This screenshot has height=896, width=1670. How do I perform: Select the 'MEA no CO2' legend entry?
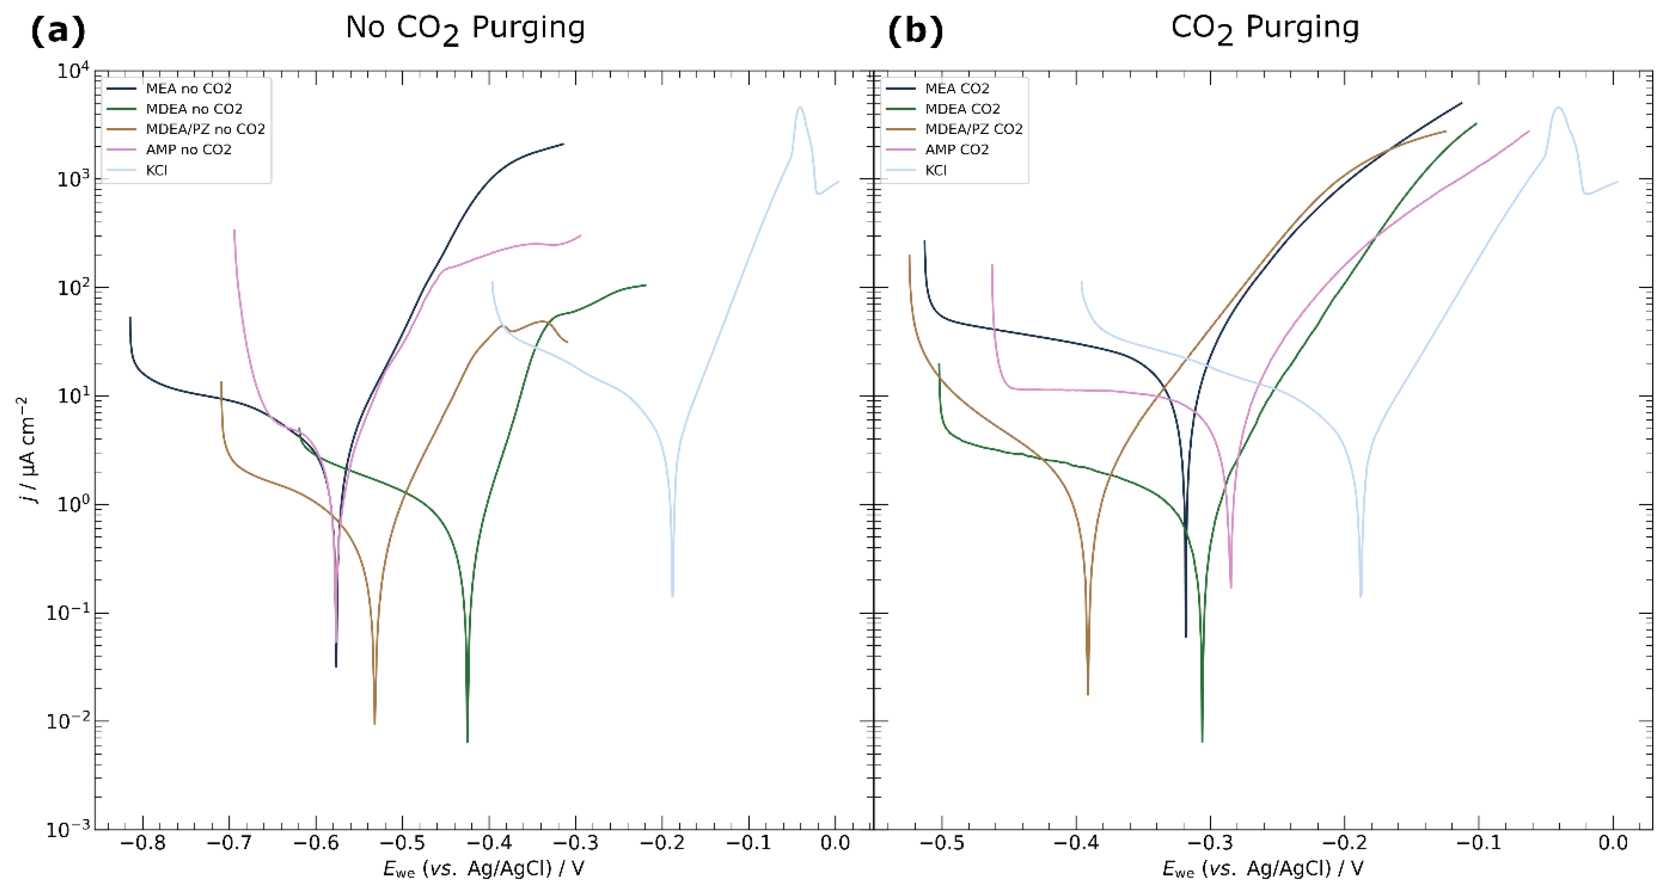point(188,88)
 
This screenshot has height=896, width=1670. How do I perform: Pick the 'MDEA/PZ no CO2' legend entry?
point(205,129)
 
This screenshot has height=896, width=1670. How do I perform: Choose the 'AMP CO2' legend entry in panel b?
point(956,149)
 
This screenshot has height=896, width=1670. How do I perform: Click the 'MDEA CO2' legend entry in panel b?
point(962,109)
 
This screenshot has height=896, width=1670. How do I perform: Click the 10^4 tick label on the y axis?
point(73,70)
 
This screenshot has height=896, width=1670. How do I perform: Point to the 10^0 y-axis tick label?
point(73,504)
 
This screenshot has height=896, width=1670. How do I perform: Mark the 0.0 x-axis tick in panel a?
point(835,843)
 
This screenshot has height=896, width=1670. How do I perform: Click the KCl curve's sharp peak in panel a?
point(800,108)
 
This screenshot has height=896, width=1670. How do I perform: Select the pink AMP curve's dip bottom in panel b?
point(1231,587)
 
